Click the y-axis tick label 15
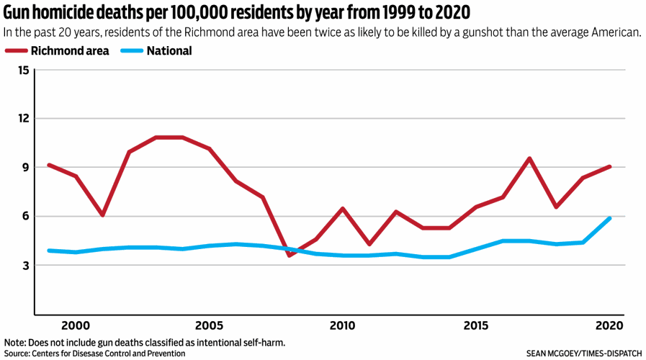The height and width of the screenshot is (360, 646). (24, 70)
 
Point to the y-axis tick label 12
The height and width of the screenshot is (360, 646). (24, 119)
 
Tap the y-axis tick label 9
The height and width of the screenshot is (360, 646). (26, 168)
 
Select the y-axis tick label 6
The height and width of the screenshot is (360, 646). (26, 217)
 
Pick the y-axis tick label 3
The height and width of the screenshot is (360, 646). (26, 266)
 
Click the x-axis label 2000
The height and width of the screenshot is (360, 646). (76, 325)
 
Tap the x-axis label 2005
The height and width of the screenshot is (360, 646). (209, 325)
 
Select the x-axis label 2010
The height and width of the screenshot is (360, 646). (343, 325)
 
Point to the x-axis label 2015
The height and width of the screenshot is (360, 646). (476, 325)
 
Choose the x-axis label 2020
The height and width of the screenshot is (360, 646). (609, 325)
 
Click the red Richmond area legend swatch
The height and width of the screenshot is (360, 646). (16, 51)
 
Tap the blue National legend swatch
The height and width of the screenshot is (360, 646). (132, 51)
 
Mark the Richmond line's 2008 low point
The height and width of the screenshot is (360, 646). (290, 255)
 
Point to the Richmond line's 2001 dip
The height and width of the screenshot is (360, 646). (103, 215)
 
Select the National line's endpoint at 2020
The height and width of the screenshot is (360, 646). (610, 218)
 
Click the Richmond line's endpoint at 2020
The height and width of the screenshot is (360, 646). (610, 166)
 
